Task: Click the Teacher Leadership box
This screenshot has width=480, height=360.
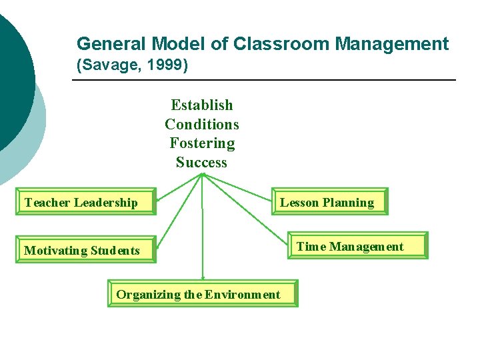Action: coord(86,202)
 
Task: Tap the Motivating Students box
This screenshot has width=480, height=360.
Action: coord(86,250)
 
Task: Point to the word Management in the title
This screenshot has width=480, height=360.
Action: coord(392,44)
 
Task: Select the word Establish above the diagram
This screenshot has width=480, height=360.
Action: coord(202,105)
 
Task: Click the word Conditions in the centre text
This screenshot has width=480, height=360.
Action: coord(202,124)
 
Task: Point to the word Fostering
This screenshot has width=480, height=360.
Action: coord(202,143)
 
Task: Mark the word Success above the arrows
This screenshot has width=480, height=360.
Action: coord(202,162)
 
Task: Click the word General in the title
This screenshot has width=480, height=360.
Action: coord(111,44)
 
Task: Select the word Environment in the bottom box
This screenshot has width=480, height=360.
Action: coord(243,294)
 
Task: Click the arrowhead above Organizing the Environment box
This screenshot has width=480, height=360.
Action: coord(202,279)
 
